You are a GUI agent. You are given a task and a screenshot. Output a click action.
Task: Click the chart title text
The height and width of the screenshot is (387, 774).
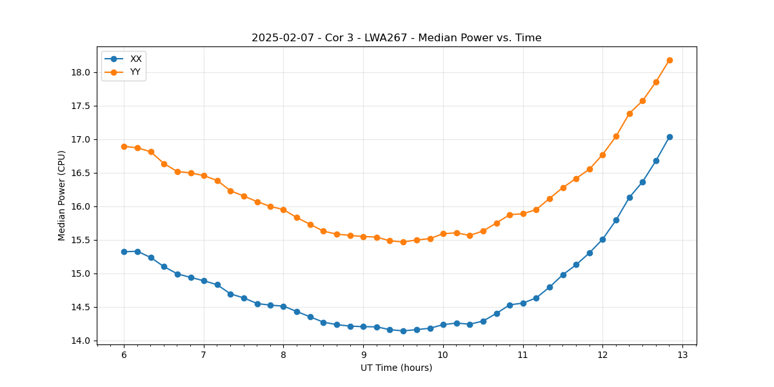[x=396, y=38]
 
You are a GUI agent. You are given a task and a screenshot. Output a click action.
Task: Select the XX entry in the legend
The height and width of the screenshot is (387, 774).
[x=135, y=59]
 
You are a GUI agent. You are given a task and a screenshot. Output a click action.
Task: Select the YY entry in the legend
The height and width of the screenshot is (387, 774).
[x=135, y=72]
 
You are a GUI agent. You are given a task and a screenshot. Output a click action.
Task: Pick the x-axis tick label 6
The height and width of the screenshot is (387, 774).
[x=124, y=355]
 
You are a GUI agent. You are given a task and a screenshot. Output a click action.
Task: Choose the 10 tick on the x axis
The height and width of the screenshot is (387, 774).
[x=443, y=355]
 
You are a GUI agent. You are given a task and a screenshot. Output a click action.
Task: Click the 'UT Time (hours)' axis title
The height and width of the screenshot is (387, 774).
[x=396, y=368]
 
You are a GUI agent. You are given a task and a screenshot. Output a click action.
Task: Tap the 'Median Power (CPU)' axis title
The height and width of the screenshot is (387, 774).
[x=62, y=195]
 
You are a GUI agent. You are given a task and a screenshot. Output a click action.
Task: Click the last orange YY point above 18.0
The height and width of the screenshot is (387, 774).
[x=670, y=60]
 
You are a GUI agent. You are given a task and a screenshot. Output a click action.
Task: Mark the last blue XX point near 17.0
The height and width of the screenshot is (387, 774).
[x=670, y=137]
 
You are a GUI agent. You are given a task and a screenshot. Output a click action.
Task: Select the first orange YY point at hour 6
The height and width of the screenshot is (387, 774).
[x=124, y=146]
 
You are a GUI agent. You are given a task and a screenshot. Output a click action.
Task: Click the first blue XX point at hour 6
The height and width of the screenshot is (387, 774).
[x=124, y=252]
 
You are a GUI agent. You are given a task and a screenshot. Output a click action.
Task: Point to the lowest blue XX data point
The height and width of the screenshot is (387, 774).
[x=403, y=331]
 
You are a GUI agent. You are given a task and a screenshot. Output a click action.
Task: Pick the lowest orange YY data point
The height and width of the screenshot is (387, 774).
[x=403, y=242]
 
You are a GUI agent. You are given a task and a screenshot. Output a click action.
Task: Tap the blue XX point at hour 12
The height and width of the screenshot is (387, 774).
[x=602, y=239]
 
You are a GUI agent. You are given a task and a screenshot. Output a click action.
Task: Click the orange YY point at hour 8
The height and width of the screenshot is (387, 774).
[x=283, y=210]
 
